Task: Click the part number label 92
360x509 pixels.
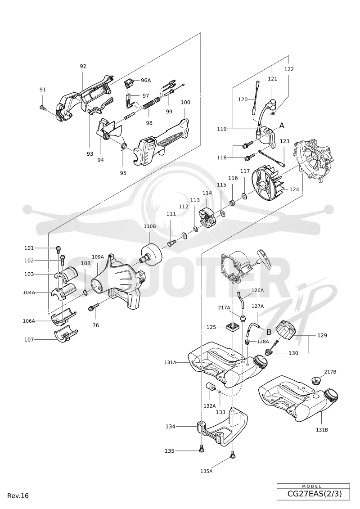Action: pyautogui.click(x=83, y=66)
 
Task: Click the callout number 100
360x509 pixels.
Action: pyautogui.click(x=185, y=102)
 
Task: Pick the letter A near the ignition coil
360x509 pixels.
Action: pyautogui.click(x=282, y=125)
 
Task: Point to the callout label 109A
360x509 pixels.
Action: pyautogui.click(x=98, y=257)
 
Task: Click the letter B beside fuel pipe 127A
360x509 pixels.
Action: pyautogui.click(x=269, y=332)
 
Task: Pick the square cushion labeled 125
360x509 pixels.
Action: pyautogui.click(x=233, y=327)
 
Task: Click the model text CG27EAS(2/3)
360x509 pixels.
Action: pyautogui.click(x=314, y=494)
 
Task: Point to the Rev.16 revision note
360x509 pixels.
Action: pyautogui.click(x=18, y=495)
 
